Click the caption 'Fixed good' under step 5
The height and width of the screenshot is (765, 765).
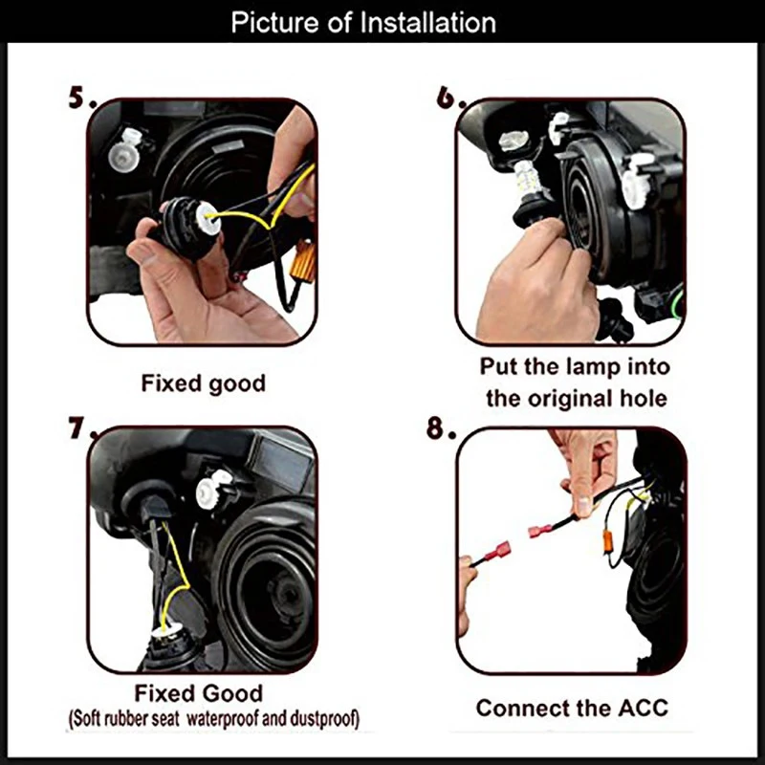coord(203,383)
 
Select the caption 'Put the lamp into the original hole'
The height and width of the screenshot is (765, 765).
coord(575,382)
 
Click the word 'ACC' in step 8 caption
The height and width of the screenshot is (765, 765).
coord(643,709)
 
